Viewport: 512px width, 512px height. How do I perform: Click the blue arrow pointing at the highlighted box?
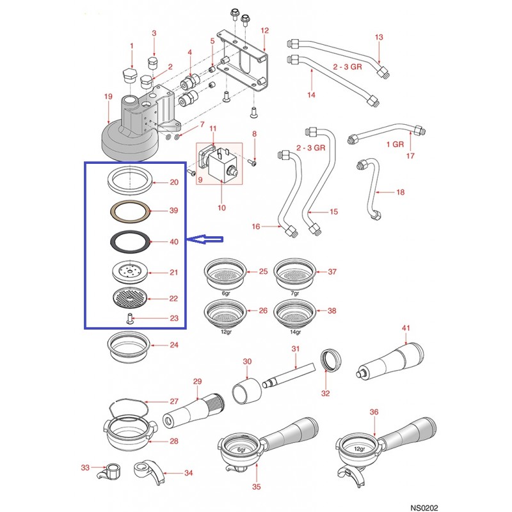pyautogui.click(x=205, y=240)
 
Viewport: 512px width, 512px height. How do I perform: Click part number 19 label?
pyautogui.click(x=108, y=96)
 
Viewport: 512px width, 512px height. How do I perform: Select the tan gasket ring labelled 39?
pyautogui.click(x=127, y=210)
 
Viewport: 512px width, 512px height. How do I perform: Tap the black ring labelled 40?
pyautogui.click(x=127, y=242)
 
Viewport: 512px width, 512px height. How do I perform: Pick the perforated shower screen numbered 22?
pyautogui.click(x=127, y=298)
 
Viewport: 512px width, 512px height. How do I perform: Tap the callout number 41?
pyautogui.click(x=406, y=328)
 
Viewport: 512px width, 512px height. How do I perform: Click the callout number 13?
pyautogui.click(x=379, y=38)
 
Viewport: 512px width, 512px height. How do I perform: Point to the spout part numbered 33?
pyautogui.click(x=112, y=472)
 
